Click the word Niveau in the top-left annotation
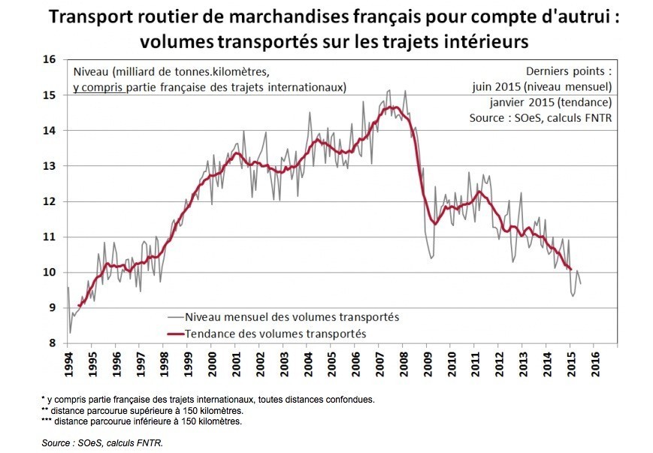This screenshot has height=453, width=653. (x=90, y=72)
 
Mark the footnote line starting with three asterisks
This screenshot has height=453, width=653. (x=141, y=421)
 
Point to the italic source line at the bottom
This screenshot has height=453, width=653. (x=102, y=442)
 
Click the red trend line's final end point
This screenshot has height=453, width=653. (x=570, y=269)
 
